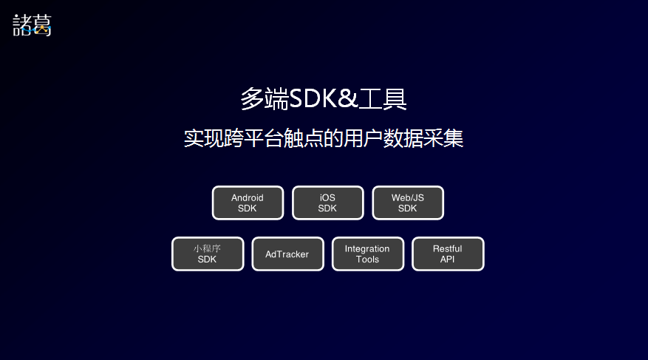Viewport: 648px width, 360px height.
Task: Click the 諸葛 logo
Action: tap(32, 25)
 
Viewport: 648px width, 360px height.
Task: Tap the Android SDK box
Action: tap(248, 203)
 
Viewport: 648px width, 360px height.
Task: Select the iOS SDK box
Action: tap(328, 203)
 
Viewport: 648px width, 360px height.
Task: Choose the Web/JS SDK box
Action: tap(408, 203)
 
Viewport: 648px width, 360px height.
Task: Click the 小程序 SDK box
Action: tap(208, 254)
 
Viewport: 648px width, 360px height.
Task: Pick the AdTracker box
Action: tap(287, 254)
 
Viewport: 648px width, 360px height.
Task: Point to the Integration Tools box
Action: tap(368, 254)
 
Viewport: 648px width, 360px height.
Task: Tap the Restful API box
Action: tap(448, 254)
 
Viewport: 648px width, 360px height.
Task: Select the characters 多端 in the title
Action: tap(265, 99)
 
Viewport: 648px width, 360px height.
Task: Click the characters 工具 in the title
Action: tap(383, 99)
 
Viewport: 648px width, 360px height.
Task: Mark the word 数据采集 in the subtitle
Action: tap(423, 138)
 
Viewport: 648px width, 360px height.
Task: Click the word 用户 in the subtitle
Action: tap(363, 138)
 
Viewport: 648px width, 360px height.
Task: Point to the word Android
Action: tap(247, 197)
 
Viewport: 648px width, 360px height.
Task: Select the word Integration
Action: tap(367, 249)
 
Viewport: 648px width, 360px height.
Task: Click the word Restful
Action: tap(448, 248)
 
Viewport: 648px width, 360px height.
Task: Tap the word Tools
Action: tap(367, 259)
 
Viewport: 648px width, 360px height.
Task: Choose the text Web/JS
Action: tap(408, 197)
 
